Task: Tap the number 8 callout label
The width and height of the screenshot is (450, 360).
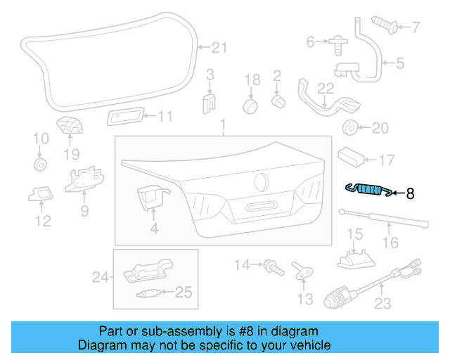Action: point(411,192)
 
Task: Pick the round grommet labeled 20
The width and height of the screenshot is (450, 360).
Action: point(348,128)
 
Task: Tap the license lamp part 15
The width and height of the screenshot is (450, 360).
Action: point(354,258)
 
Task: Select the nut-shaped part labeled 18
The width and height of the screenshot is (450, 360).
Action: point(250,105)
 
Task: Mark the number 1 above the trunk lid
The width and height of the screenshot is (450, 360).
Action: point(223,127)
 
